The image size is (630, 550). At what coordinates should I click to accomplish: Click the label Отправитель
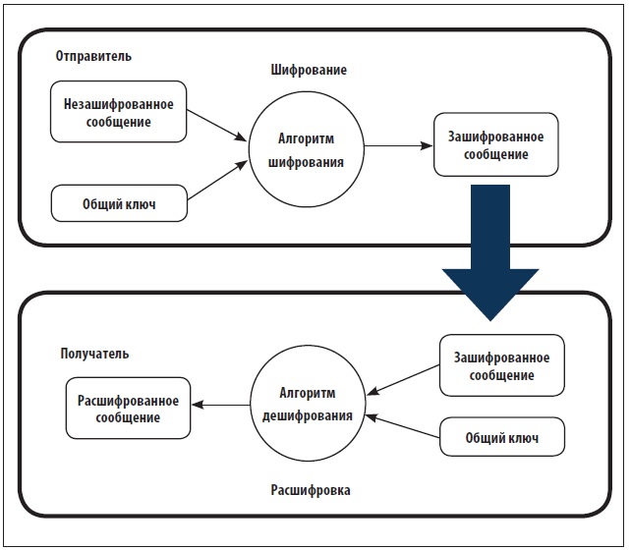(x=94, y=56)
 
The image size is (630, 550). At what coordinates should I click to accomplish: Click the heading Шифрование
(x=309, y=72)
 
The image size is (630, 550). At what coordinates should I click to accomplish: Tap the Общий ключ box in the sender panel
(x=119, y=205)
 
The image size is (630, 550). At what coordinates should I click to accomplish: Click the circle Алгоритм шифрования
(x=306, y=149)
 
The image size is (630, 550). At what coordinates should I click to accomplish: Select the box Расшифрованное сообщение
(x=128, y=409)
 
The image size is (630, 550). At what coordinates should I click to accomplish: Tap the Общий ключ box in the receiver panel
(x=502, y=436)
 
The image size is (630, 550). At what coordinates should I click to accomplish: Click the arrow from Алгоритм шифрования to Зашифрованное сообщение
(x=399, y=146)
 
